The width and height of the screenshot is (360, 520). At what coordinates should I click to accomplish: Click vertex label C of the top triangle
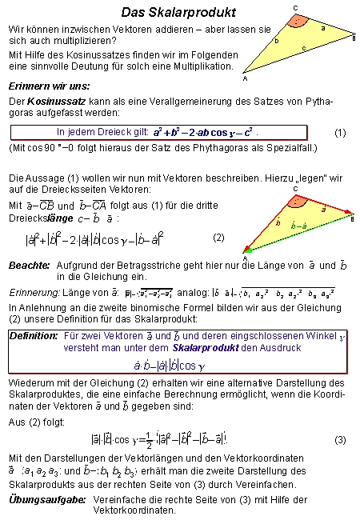295,7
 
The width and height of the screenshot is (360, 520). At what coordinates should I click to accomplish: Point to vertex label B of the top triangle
354,37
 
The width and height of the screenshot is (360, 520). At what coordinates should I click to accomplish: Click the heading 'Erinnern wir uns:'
48,86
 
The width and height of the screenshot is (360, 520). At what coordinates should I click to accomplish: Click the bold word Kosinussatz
58,102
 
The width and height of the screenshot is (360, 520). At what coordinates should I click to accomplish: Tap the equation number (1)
339,133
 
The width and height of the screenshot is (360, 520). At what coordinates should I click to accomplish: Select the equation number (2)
219,238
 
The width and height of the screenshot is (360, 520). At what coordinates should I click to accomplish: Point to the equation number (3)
340,440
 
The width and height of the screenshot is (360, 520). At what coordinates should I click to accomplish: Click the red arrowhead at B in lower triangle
350,214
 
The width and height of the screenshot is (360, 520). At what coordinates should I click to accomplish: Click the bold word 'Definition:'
34,336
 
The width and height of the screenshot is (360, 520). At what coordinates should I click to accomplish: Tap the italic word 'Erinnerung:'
33,293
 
